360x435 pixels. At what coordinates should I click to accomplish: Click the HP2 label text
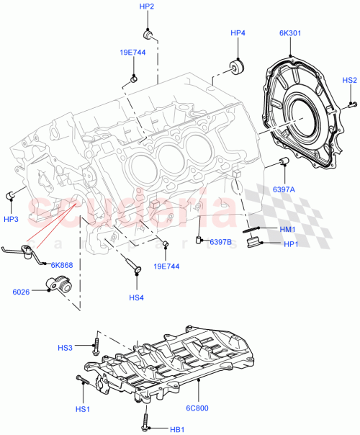tap(147, 6)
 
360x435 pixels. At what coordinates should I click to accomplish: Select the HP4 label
tap(238, 33)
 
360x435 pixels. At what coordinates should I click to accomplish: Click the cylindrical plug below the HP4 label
tap(235, 67)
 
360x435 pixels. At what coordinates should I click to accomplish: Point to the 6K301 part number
tap(291, 33)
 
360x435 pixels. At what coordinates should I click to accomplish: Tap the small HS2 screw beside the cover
tap(352, 104)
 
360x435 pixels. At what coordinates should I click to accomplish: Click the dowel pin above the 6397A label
tap(284, 159)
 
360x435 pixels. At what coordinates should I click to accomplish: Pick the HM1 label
tap(287, 229)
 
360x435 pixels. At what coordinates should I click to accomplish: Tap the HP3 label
tap(11, 218)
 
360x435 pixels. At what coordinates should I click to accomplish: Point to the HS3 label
tap(66, 349)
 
